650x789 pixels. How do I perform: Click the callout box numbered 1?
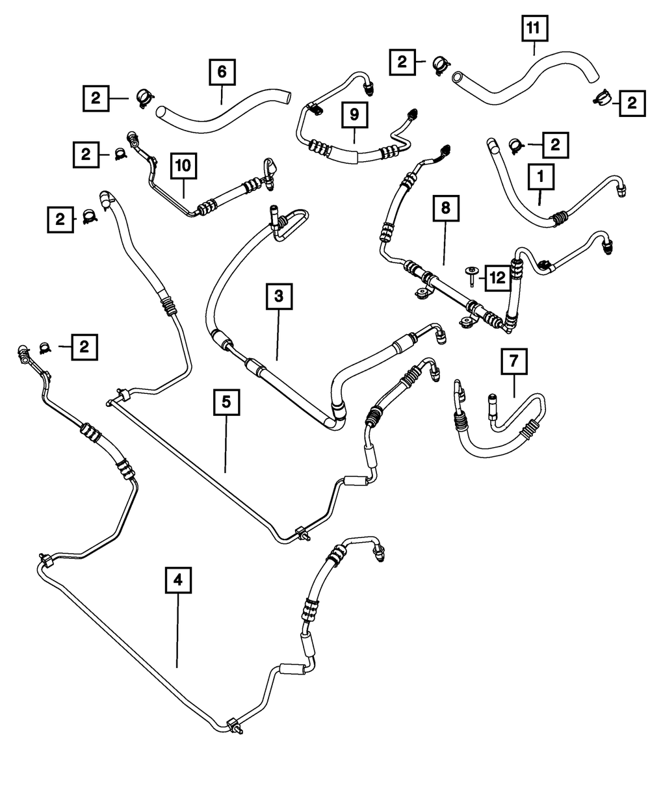click(x=541, y=177)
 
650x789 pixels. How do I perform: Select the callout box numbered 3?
click(x=278, y=297)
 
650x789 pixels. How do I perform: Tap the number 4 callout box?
click(x=178, y=580)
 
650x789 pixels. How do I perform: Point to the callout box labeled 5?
click(x=226, y=402)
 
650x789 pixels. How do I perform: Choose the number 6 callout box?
click(x=221, y=73)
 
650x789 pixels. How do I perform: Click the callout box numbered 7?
click(x=514, y=362)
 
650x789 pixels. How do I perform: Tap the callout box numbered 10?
click(x=183, y=167)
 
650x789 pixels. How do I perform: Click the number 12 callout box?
click(x=497, y=278)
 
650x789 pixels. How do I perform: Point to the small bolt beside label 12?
click(x=470, y=273)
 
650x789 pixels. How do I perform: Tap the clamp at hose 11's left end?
click(x=439, y=63)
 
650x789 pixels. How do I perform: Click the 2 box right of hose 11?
click(x=630, y=103)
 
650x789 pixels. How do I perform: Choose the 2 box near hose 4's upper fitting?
click(x=84, y=347)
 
